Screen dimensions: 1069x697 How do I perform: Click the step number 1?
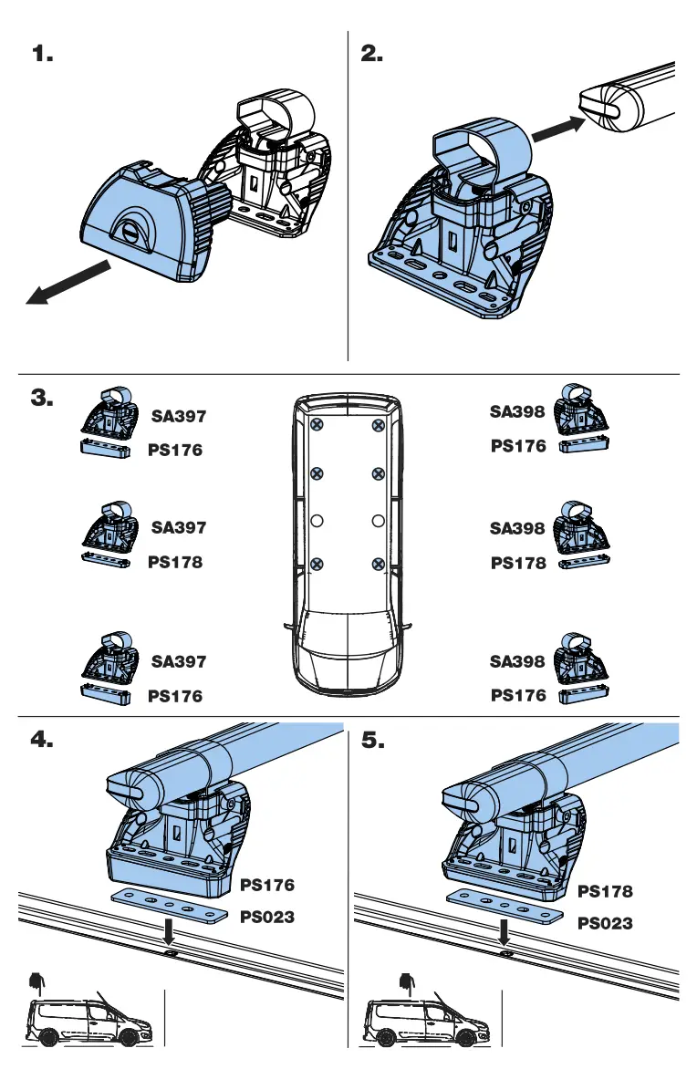[x=43, y=55]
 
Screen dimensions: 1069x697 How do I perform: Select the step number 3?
[x=43, y=398]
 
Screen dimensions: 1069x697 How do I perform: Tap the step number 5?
[x=373, y=741]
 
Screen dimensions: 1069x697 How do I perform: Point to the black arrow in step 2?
[x=557, y=130]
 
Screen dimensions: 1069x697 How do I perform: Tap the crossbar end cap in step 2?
[x=603, y=109]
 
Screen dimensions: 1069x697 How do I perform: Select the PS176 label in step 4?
[x=267, y=885]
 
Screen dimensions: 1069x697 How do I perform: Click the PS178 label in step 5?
[x=605, y=891]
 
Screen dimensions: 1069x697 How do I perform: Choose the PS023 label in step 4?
[x=267, y=917]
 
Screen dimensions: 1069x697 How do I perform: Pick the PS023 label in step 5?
[x=605, y=923]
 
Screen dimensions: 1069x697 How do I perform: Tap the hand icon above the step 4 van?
[x=36, y=982]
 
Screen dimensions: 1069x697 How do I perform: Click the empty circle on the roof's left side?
[x=317, y=521]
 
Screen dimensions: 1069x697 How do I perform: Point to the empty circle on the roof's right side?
[x=378, y=521]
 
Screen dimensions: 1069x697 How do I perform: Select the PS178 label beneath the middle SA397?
[x=175, y=563]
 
